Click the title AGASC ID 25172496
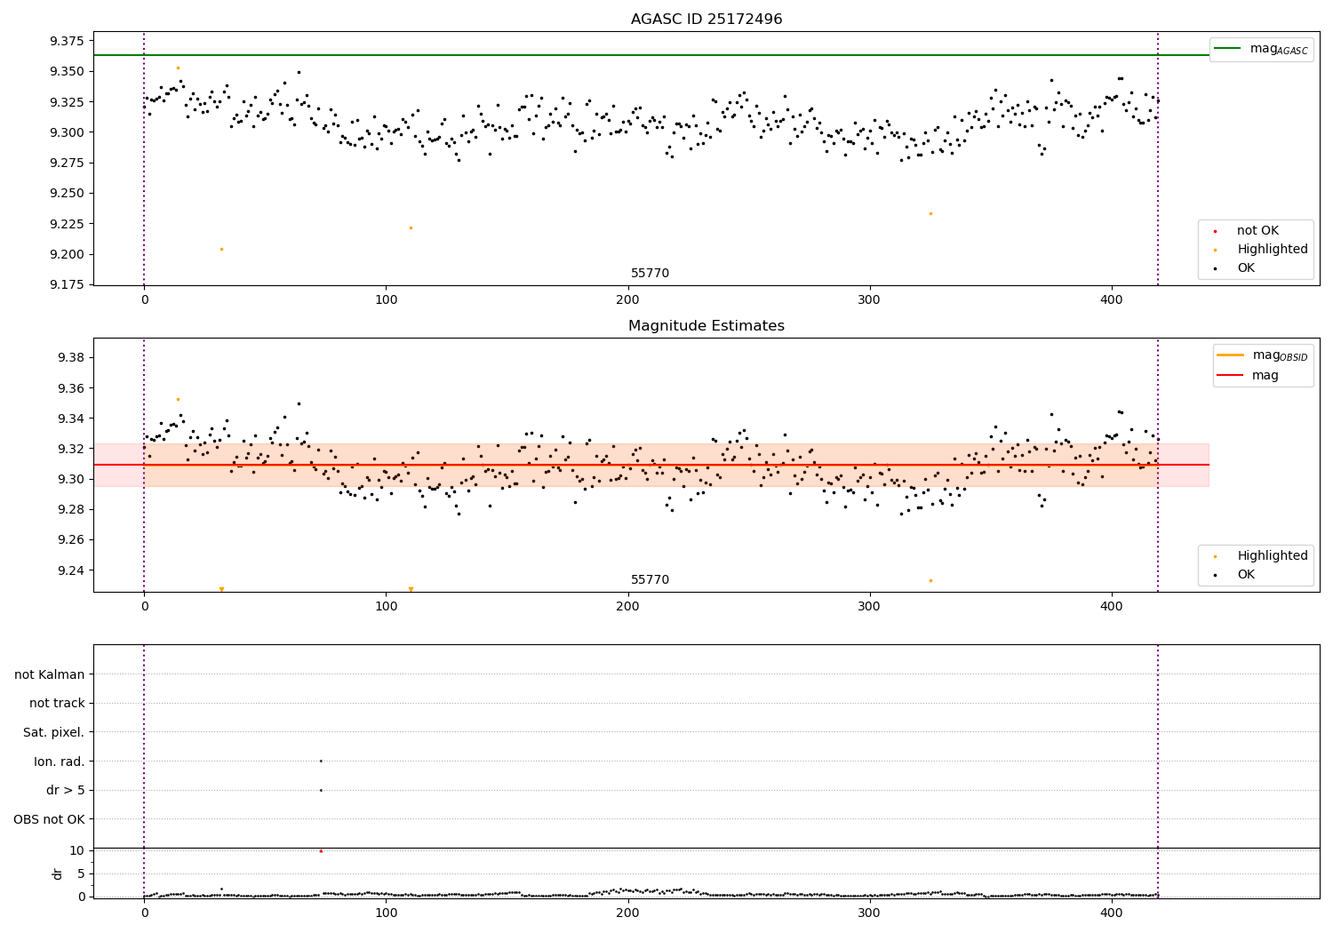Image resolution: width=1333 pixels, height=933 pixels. click(x=706, y=20)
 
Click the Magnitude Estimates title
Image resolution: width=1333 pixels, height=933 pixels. click(x=706, y=326)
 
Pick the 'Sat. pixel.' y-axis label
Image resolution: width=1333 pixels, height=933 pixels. click(x=54, y=732)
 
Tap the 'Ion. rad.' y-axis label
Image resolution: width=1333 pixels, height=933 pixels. click(x=60, y=762)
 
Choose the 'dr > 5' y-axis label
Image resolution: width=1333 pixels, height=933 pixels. click(x=66, y=790)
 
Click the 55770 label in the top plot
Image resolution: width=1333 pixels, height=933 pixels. click(x=651, y=274)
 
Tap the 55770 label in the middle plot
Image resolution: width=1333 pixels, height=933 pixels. click(x=651, y=580)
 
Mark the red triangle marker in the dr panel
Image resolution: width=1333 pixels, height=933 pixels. click(x=321, y=851)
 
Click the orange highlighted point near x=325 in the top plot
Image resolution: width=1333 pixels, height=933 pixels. click(x=930, y=213)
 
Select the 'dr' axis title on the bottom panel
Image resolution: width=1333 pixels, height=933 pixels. click(x=58, y=873)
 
